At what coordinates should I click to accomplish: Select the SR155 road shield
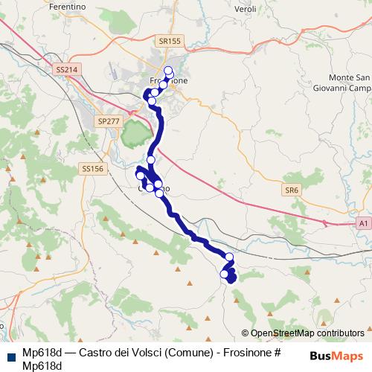click(x=170, y=42)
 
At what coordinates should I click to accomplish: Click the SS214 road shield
click(x=66, y=69)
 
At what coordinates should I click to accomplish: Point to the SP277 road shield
click(x=109, y=120)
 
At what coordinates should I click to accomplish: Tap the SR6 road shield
click(x=291, y=190)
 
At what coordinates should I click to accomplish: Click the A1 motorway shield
click(x=362, y=222)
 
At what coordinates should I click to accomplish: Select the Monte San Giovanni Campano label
click(x=348, y=83)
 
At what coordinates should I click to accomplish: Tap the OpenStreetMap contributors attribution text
click(x=307, y=333)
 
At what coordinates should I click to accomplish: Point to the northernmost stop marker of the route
click(x=168, y=71)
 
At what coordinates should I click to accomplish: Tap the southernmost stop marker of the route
click(x=224, y=275)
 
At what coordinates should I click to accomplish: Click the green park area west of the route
click(x=134, y=134)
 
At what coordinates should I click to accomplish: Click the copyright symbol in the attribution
click(x=246, y=333)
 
